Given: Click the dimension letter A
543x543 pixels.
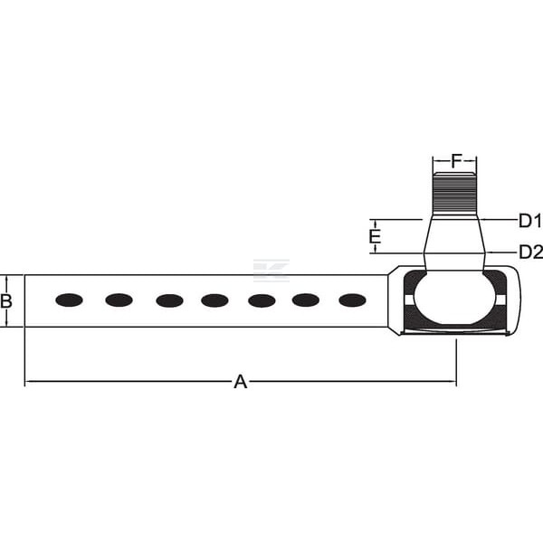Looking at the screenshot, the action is click(241, 382).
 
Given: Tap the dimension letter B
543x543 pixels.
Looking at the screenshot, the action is click(6, 301).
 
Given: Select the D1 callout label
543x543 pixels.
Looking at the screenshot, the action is click(530, 221).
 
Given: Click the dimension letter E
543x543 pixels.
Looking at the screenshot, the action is click(375, 237).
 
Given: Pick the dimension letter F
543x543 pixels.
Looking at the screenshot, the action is click(457, 161).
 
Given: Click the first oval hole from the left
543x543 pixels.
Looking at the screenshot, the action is click(70, 300).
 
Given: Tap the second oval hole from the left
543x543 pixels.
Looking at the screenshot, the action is click(119, 300).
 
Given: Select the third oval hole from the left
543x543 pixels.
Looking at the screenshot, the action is click(170, 300).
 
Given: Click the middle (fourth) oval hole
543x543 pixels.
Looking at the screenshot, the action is click(214, 300).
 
